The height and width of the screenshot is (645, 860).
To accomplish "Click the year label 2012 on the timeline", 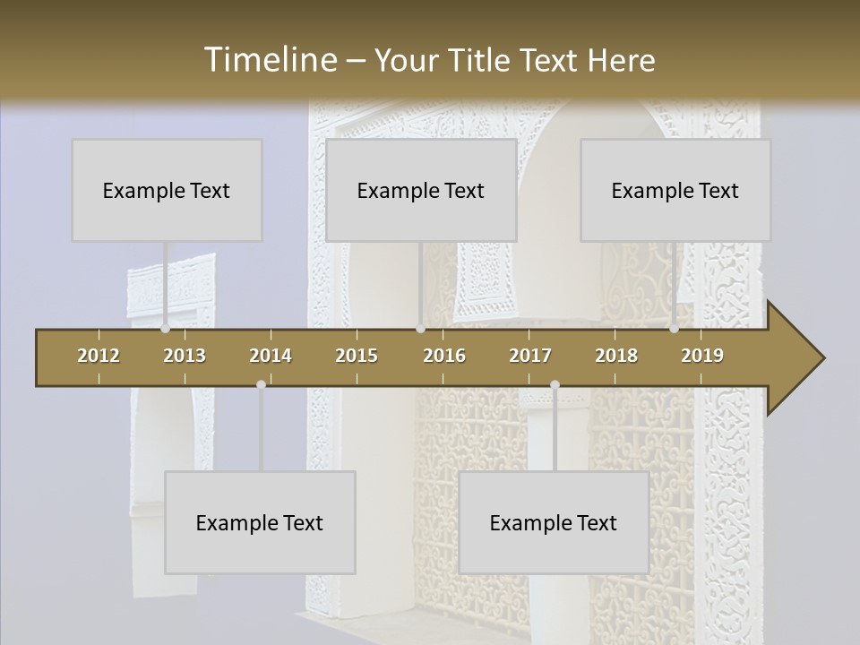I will click(x=99, y=356).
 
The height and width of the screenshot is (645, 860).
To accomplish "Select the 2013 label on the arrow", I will click(x=185, y=356).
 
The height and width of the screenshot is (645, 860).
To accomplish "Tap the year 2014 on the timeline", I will click(x=271, y=356).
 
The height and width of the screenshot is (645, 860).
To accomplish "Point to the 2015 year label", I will click(x=357, y=356).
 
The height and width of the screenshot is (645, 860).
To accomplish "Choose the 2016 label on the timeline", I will click(x=444, y=356).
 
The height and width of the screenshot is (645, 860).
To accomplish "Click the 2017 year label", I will click(x=530, y=356).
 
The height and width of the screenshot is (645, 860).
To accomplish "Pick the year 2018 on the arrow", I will click(x=616, y=356).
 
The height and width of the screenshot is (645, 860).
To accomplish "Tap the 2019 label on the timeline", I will click(x=702, y=356).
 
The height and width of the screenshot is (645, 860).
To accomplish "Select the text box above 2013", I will click(x=167, y=190).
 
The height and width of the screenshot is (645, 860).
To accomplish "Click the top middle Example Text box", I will click(x=421, y=190).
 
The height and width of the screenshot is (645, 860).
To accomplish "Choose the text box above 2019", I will click(x=675, y=190).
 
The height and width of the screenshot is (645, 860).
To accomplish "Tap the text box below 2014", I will click(x=260, y=522).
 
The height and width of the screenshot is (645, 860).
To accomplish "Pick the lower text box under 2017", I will click(x=554, y=522).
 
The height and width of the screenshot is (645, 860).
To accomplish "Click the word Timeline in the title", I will click(x=270, y=60).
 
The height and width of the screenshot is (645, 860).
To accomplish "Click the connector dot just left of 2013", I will click(x=165, y=329).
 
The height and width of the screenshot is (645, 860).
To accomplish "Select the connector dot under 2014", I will click(x=261, y=384).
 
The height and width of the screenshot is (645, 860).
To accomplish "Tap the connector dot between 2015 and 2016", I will click(x=420, y=329).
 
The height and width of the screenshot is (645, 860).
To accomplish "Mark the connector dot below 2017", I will click(x=555, y=384).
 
